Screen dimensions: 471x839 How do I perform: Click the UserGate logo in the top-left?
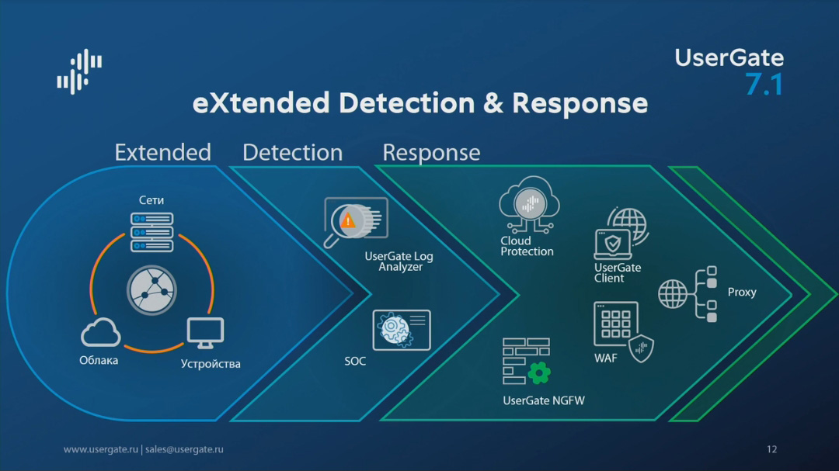[x=79, y=71]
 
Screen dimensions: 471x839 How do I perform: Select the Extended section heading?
[x=162, y=152]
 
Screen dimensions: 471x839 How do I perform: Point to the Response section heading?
[x=431, y=153]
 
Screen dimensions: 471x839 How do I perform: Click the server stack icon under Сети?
[x=151, y=232]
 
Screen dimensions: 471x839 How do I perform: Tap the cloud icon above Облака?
[x=100, y=334]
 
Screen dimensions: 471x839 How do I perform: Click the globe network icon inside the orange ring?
[x=151, y=291]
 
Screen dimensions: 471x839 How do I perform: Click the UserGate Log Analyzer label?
[x=400, y=261]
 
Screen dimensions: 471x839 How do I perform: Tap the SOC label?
[x=355, y=362]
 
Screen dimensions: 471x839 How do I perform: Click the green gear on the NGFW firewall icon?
[x=539, y=372]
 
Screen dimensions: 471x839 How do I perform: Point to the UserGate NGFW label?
[x=544, y=401]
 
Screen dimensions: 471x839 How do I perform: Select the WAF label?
[x=606, y=358]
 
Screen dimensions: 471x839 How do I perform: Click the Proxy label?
[x=742, y=293]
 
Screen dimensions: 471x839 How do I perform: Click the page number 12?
[x=771, y=449]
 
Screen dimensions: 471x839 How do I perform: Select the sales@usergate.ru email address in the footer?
[x=184, y=449]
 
